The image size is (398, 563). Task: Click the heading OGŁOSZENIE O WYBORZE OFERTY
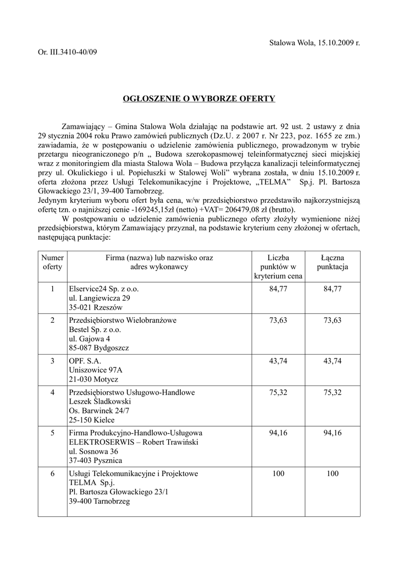pyautogui.click(x=198, y=99)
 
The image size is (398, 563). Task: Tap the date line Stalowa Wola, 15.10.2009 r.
pyautogui.click(x=314, y=43)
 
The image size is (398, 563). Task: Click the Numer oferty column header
pyautogui.click(x=53, y=262)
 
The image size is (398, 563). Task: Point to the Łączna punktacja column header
pyautogui.click(x=333, y=262)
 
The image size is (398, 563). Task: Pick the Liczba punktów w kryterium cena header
pyautogui.click(x=278, y=267)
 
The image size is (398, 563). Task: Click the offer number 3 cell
pyautogui.click(x=53, y=361)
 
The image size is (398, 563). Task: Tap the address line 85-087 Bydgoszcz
pyautogui.click(x=99, y=348)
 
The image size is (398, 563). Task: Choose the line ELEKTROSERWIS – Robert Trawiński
pyautogui.click(x=132, y=443)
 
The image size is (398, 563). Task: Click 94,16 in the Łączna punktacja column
pyautogui.click(x=333, y=433)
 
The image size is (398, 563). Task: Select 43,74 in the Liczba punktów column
pyautogui.click(x=278, y=361)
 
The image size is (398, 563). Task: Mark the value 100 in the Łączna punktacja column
pyautogui.click(x=333, y=473)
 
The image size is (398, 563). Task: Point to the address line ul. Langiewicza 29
pyautogui.click(x=99, y=298)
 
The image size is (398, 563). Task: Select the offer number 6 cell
pyautogui.click(x=53, y=473)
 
